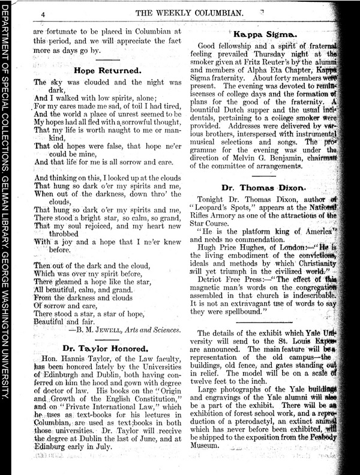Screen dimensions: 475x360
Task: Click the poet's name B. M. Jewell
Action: [x=106, y=329]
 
